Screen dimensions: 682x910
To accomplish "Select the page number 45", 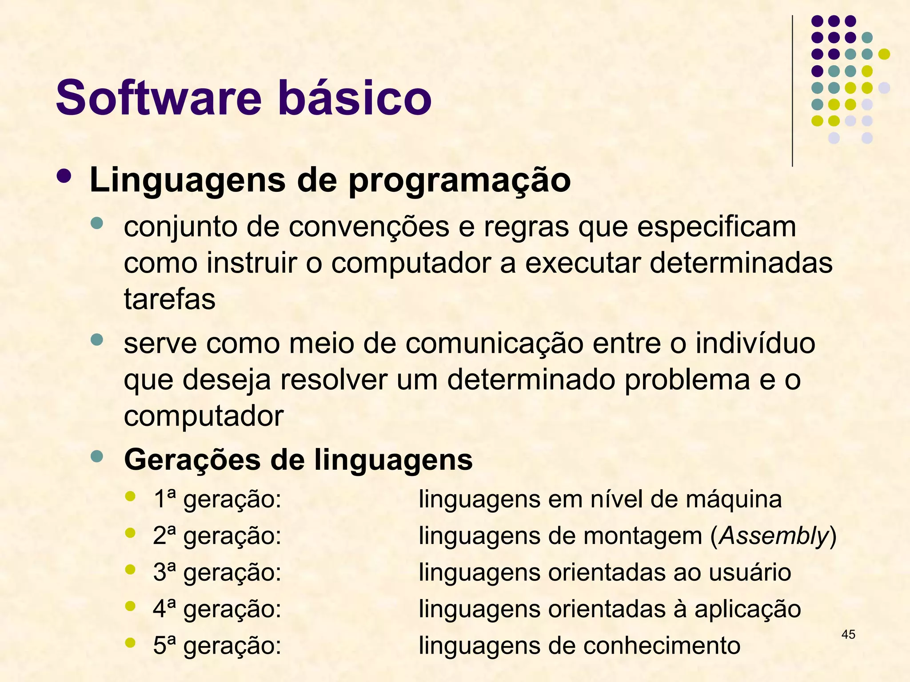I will click(x=848, y=634).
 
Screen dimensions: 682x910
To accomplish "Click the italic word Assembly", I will click(x=774, y=536).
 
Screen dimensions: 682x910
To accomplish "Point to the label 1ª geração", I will click(x=217, y=500).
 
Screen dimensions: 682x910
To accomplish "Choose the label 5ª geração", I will click(x=217, y=646).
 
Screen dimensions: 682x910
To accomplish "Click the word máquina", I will click(x=733, y=500).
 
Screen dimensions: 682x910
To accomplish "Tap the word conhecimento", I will click(x=662, y=646).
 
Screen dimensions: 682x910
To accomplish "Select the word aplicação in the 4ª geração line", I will click(x=747, y=609).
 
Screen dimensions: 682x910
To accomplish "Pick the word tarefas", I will click(x=169, y=299).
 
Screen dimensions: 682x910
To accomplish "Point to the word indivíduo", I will click(x=755, y=344).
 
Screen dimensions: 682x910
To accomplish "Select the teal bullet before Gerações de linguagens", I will click(x=96, y=456).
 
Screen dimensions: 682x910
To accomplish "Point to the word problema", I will click(x=687, y=380).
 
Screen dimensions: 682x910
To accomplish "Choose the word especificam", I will click(x=716, y=227).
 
